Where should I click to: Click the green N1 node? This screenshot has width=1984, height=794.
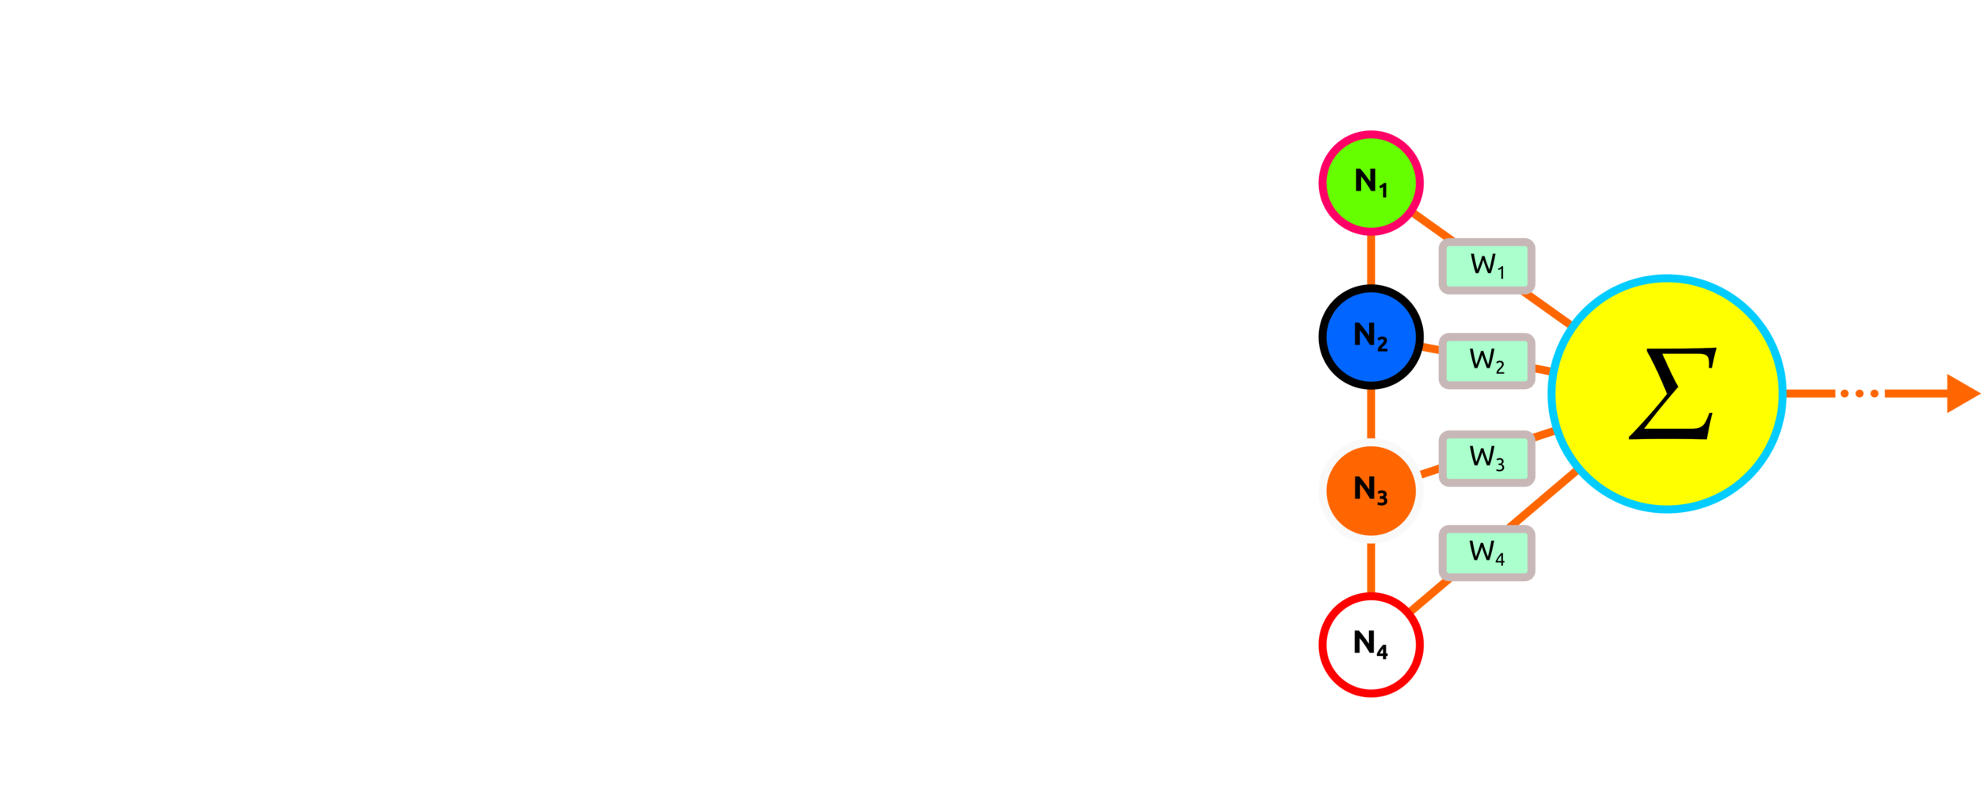[x=1371, y=183]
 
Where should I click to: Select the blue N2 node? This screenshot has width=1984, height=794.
[x=1371, y=337]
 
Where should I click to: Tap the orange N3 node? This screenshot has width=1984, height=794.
[x=1371, y=490]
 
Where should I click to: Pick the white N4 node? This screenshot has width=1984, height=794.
[x=1371, y=644]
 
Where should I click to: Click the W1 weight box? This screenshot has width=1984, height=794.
[x=1486, y=266]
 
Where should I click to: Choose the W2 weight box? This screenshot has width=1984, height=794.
[x=1486, y=361]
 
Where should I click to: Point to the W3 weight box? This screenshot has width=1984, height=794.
[x=1486, y=458]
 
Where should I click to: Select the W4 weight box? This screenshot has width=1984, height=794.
[x=1486, y=553]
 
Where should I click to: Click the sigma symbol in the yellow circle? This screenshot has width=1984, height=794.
[x=1672, y=394]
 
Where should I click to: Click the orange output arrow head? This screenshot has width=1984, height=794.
[x=1962, y=394]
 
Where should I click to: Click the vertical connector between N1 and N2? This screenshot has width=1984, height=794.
[x=1371, y=260]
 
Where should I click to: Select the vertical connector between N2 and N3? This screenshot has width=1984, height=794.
[x=1371, y=413]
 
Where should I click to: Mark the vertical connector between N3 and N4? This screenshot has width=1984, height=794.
[x=1371, y=567]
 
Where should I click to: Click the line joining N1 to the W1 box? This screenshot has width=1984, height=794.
[x=1433, y=225]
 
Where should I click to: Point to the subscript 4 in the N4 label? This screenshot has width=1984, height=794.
[x=1382, y=652]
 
